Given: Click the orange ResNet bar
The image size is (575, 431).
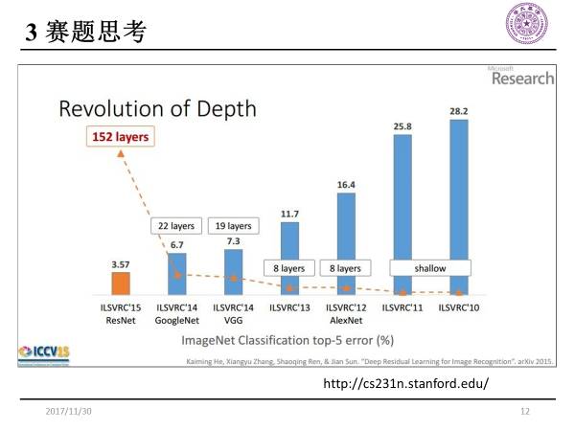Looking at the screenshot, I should coord(121,284).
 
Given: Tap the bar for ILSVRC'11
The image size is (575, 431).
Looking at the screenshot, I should coord(402,211).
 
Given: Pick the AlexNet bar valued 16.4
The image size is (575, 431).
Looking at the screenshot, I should coord(346,239).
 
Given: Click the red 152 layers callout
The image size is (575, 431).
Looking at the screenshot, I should coord(120,137).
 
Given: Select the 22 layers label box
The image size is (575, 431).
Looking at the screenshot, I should coord(176,226).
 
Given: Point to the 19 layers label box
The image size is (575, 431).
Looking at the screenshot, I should coord(232,226).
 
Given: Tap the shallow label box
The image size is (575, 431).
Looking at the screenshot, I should coord(430,268).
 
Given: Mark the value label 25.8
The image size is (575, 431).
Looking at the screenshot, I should coord(402,125).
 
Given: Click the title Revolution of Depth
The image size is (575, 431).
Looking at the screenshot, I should coord(158,107).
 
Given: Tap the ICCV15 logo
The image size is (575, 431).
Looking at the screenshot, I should coord(40,352).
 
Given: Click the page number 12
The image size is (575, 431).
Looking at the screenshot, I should coord(524,411).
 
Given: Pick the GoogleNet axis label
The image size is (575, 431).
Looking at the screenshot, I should coord(177,321).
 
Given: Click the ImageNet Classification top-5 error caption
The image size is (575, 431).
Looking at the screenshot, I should coord(287,339).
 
